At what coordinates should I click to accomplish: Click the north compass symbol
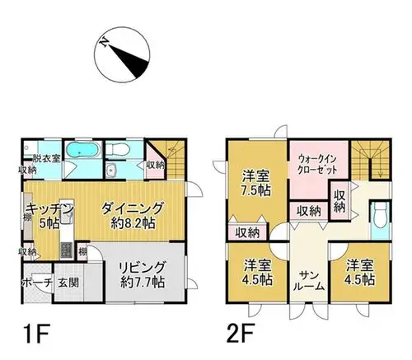coord(122,54)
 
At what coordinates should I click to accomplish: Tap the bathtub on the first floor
coord(82,150)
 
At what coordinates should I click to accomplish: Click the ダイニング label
coord(133,208)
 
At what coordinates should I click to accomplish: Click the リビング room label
coord(143,267)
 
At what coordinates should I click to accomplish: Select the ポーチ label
coord(37,283)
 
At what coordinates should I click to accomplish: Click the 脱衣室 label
coord(46,158)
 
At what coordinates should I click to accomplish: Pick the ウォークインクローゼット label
coord(317,164)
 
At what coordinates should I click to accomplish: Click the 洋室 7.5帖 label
coord(256,183)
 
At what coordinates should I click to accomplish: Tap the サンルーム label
coord(309,281)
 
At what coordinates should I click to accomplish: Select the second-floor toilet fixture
coord(380,216)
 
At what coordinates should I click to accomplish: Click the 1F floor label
coord(36,334)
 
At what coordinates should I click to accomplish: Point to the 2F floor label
coord(241,334)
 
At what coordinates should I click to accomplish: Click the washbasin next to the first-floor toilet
coord(111,171)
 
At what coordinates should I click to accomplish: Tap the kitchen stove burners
coord(66,250)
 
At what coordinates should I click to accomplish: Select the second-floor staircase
coord(370,160)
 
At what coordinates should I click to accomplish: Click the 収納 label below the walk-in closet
coord(310,211)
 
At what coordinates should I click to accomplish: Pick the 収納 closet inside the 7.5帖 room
coord(248,233)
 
